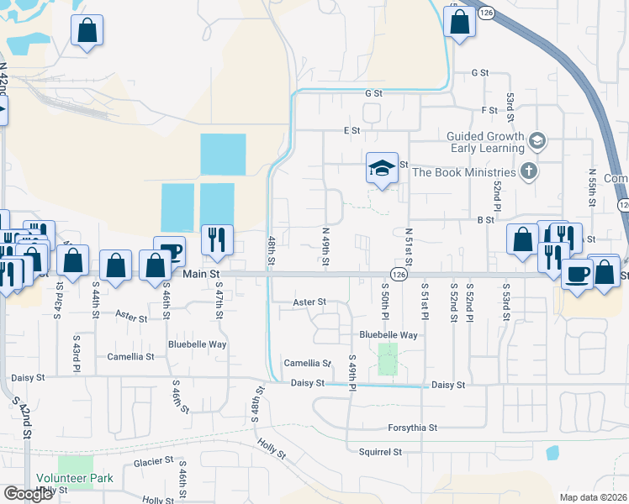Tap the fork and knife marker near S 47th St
click(217, 239)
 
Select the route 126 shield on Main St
click(399, 274)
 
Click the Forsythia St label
click(413, 428)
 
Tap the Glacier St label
click(154, 461)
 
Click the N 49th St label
click(325, 248)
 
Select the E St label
click(351, 131)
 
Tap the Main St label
click(201, 274)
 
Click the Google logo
click(28, 494)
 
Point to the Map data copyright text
click(593, 497)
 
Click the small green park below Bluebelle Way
click(388, 359)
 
